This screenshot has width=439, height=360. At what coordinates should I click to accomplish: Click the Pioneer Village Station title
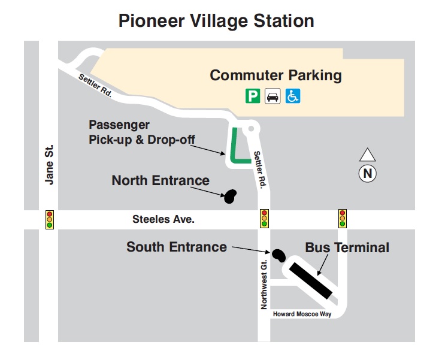pos(216,21)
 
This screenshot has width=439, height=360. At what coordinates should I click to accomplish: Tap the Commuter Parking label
pos(275,75)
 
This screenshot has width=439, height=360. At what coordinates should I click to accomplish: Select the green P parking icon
pos(253,96)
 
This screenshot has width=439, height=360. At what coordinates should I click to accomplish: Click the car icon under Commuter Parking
pos(273,96)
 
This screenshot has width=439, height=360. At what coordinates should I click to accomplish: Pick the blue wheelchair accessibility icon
pos(292,96)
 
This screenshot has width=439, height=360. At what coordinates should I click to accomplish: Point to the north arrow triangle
pos(367,155)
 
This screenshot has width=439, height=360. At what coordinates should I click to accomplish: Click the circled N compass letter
pos(367,174)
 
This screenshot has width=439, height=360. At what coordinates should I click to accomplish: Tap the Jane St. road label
pos(50,164)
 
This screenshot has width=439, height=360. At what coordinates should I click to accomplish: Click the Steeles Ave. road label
pos(163,220)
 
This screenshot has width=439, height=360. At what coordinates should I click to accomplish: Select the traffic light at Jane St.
pos(50,219)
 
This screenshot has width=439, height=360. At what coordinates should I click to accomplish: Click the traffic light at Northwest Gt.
pos(264,219)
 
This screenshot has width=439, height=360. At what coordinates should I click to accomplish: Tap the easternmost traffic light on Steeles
pos(343,219)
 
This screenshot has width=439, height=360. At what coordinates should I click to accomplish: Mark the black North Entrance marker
pos(230,196)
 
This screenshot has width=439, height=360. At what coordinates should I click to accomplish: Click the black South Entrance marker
pos(278,255)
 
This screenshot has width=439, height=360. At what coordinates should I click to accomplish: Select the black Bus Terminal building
pos(310,279)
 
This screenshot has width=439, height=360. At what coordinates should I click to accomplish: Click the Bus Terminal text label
pos(347,247)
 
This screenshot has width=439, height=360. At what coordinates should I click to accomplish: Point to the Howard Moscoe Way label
pos(302,314)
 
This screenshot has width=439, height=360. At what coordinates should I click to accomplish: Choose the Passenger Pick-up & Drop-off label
pos(141,132)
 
